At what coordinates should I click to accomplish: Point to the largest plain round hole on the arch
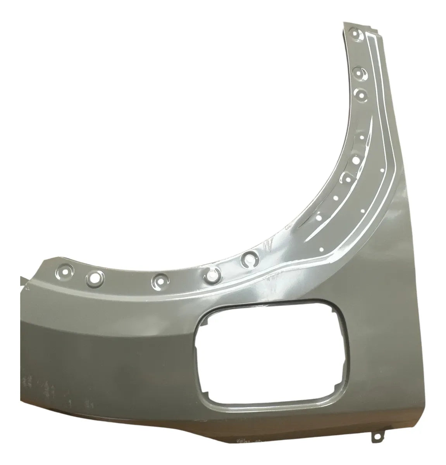click(x=356, y=159)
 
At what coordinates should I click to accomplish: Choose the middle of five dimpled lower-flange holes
click(x=160, y=280)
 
